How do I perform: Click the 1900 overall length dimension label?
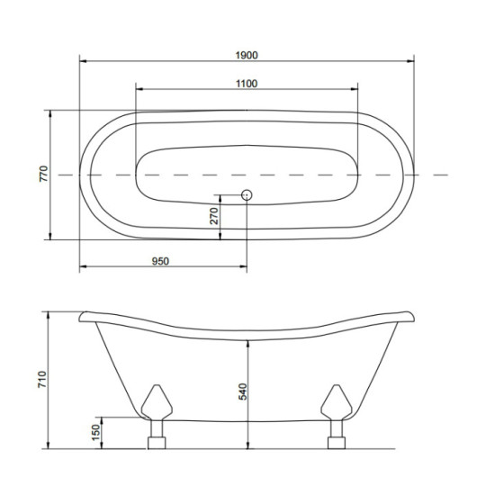coord(247,55)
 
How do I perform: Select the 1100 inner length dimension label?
coord(247,84)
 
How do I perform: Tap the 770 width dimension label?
coord(43,174)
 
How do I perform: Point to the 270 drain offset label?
coord(214,216)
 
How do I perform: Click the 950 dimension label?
coord(160,261)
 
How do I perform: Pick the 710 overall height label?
coord(42,379)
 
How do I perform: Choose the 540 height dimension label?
coord(242,391)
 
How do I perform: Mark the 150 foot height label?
coord(95,433)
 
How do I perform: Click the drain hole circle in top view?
coord(247,195)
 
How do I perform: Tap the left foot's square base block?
coord(157,443)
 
